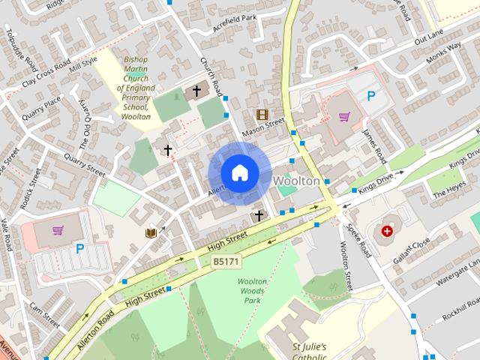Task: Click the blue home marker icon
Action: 239,172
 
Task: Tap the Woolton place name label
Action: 297,181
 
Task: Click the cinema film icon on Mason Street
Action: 261,115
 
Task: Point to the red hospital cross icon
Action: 387,232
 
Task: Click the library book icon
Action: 151,232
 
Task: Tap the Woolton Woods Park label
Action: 252,290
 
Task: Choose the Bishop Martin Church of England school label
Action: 136,88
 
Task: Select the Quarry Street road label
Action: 84,164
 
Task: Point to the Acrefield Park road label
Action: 235,18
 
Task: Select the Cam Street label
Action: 44,316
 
